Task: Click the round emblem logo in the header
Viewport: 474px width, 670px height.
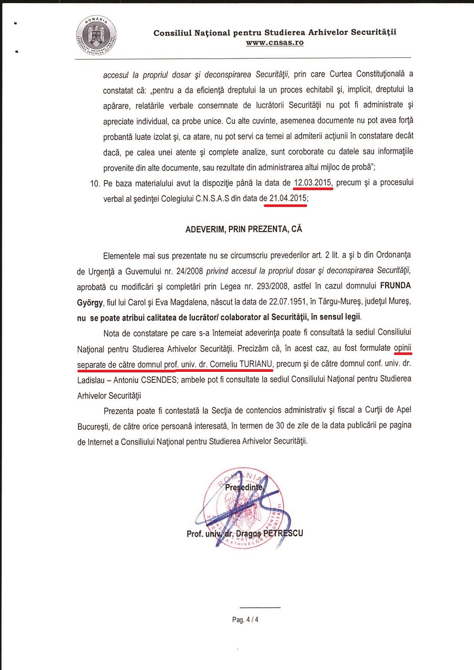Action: (x=96, y=36)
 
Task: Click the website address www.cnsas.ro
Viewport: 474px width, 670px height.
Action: (x=274, y=43)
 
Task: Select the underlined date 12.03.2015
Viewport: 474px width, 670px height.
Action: (x=313, y=183)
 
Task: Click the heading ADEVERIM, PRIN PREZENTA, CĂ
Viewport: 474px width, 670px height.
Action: (x=244, y=230)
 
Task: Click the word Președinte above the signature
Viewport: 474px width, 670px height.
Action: (x=243, y=487)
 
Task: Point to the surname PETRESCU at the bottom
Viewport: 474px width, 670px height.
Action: (x=282, y=533)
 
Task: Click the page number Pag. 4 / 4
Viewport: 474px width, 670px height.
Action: (x=245, y=620)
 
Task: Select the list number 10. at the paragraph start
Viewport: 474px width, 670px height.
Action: (x=95, y=183)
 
